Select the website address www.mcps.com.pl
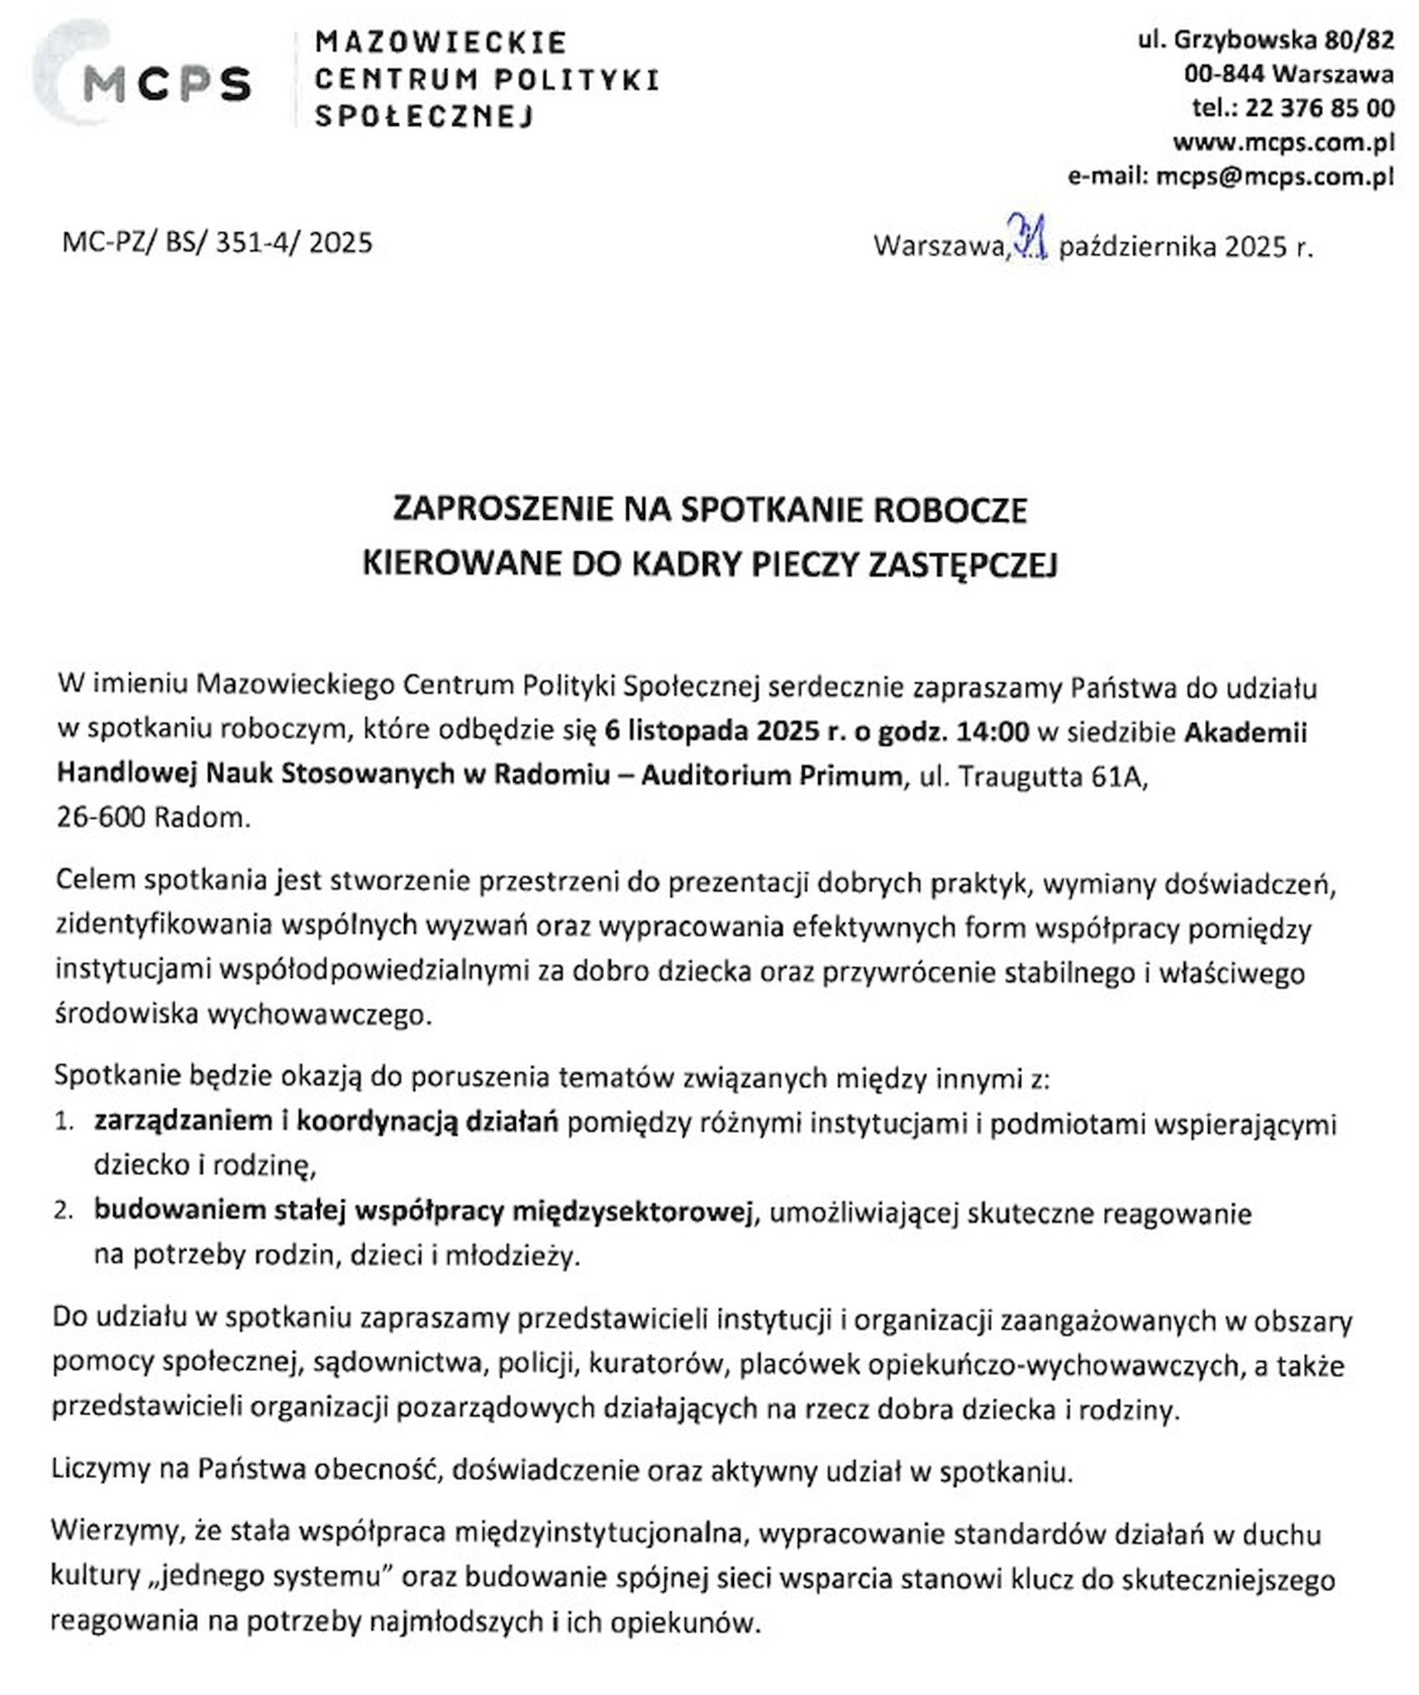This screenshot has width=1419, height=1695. [x=1283, y=142]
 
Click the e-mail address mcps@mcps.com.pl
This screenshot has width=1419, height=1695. [x=1274, y=177]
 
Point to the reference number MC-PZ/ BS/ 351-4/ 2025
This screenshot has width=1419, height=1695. [x=217, y=242]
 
